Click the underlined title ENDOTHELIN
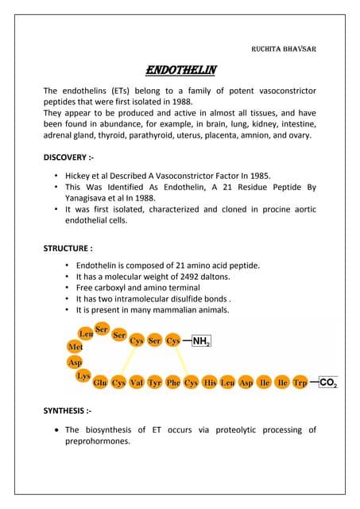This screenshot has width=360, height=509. click(x=180, y=71)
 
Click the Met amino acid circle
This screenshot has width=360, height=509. click(x=75, y=347)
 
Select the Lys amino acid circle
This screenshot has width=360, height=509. click(x=83, y=375)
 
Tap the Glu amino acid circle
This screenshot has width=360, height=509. click(x=100, y=383)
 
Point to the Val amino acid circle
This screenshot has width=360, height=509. click(x=136, y=383)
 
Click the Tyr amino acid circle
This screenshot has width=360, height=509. click(x=154, y=383)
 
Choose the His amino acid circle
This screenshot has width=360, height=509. click(x=210, y=383)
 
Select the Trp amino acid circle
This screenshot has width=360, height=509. click(x=300, y=383)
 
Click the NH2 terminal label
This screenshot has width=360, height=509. click(x=201, y=341)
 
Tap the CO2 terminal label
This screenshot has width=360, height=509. click(x=329, y=383)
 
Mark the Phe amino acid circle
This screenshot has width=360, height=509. click(x=172, y=383)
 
